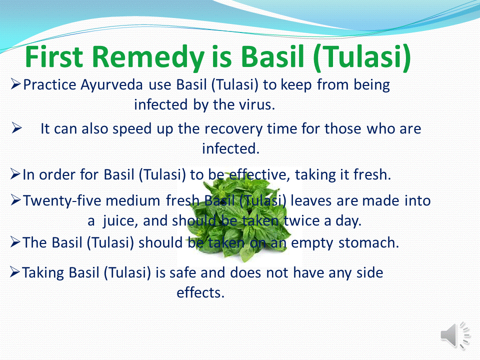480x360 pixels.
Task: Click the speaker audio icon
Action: point(455,335)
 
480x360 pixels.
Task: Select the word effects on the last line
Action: point(200,292)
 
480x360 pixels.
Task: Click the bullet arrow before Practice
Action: point(15,84)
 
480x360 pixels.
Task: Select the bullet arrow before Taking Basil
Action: point(15,272)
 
